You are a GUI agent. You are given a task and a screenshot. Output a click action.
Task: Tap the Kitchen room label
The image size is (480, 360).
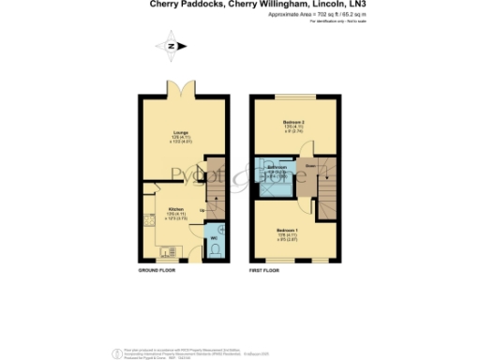tap(175, 210)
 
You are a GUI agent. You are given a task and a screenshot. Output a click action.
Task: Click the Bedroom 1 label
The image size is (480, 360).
tap(289, 229)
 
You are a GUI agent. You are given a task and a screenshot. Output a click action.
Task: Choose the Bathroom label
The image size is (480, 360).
tap(277, 168)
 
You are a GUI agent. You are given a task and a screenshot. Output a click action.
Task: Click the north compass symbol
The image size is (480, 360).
tap(170, 46)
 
